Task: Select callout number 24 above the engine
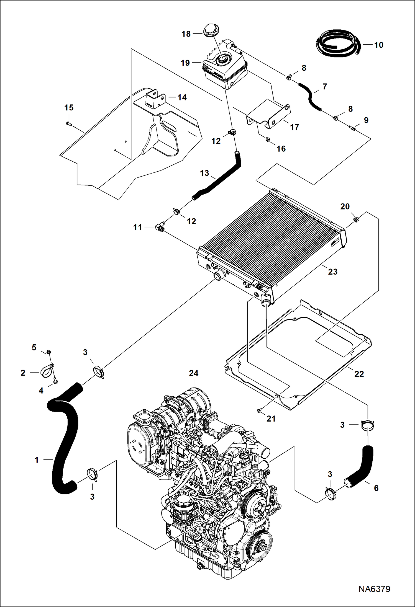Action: (194, 373)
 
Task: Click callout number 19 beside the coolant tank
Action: (185, 63)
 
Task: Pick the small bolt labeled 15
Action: (69, 124)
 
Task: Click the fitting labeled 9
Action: (353, 128)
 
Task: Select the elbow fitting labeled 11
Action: (160, 227)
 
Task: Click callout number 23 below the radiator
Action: (333, 272)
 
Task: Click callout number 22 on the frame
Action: (359, 374)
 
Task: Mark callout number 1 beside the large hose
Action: (37, 460)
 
